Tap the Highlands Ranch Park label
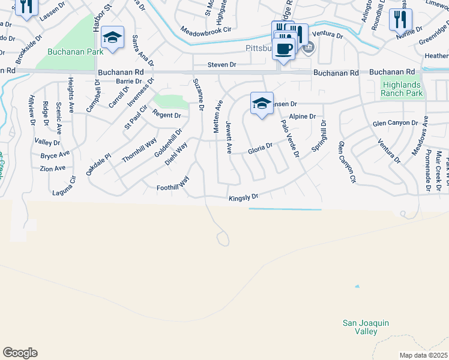point(402,89)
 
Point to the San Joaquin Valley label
point(366,327)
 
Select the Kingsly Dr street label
point(243,197)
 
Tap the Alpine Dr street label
point(302,116)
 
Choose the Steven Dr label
point(221,64)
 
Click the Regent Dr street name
point(166,115)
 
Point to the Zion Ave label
point(53,169)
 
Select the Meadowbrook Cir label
point(205,29)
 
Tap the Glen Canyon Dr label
point(395,123)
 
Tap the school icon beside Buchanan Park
point(112,38)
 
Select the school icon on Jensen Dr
point(262,104)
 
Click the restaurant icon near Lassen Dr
point(26,7)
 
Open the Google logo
point(20,353)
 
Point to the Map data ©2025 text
point(423,355)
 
